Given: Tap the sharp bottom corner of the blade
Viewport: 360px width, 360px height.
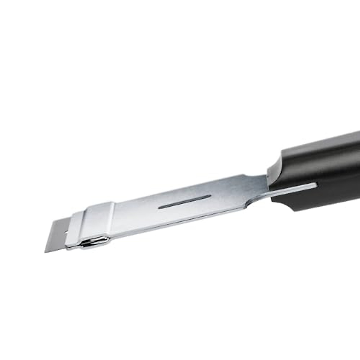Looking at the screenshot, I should click(45, 252).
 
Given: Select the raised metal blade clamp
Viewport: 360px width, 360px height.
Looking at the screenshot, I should click(93, 223).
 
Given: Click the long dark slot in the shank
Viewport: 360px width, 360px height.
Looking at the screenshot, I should click(184, 202).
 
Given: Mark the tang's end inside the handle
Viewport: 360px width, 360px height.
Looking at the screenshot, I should click(315, 185).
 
